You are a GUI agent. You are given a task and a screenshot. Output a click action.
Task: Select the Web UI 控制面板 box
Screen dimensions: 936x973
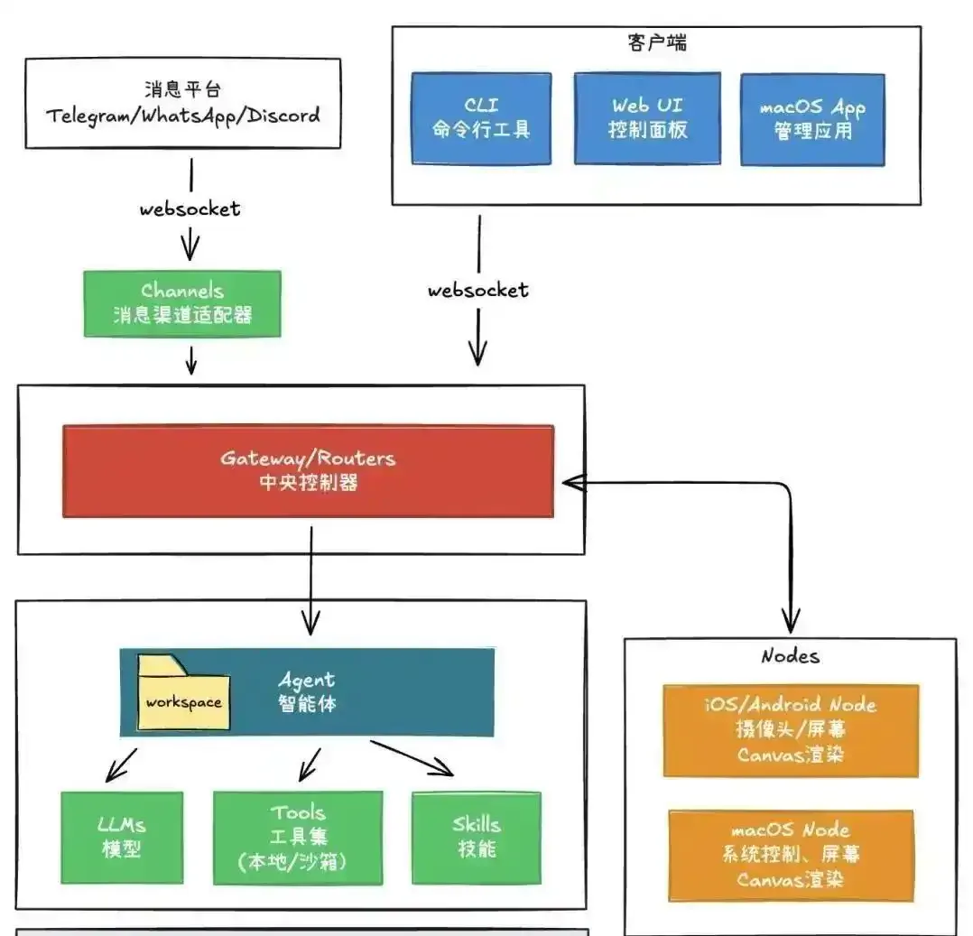[x=647, y=118]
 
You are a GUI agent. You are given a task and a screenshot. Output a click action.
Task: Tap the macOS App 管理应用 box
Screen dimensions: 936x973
[x=812, y=119]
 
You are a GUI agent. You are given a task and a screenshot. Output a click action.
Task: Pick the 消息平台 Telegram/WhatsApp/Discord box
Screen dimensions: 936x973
[x=182, y=103]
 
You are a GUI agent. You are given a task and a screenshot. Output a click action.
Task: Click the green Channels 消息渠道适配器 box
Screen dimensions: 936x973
[x=182, y=303]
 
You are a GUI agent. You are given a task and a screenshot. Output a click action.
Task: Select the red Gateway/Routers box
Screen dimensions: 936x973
[x=308, y=470]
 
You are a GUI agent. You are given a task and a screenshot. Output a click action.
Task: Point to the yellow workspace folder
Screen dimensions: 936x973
[x=183, y=694]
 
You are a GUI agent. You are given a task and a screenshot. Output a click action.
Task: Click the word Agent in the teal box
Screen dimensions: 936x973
[x=306, y=680]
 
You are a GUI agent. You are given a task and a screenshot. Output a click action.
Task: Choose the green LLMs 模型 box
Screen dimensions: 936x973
[x=122, y=837]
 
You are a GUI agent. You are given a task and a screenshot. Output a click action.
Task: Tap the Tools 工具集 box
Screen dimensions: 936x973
[x=297, y=838]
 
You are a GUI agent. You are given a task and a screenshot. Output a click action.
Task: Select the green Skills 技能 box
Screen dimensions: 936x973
[x=476, y=838]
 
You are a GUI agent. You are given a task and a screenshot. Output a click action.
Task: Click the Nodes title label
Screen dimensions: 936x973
[x=790, y=656]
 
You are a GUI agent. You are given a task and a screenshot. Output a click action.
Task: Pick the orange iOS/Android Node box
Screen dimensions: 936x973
[x=791, y=730]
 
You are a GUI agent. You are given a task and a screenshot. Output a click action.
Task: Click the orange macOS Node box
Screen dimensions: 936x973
[x=791, y=854]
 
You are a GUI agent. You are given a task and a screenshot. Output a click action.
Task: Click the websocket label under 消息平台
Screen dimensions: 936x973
[x=190, y=209]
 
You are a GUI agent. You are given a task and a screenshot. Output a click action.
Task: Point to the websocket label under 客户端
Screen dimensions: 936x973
[x=477, y=290]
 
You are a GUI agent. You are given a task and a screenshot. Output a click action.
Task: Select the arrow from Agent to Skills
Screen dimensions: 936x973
[x=412, y=758]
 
